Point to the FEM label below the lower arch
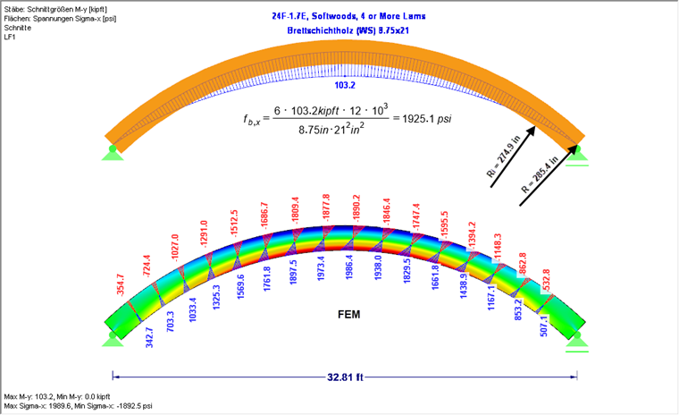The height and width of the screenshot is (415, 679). (x=349, y=315)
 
